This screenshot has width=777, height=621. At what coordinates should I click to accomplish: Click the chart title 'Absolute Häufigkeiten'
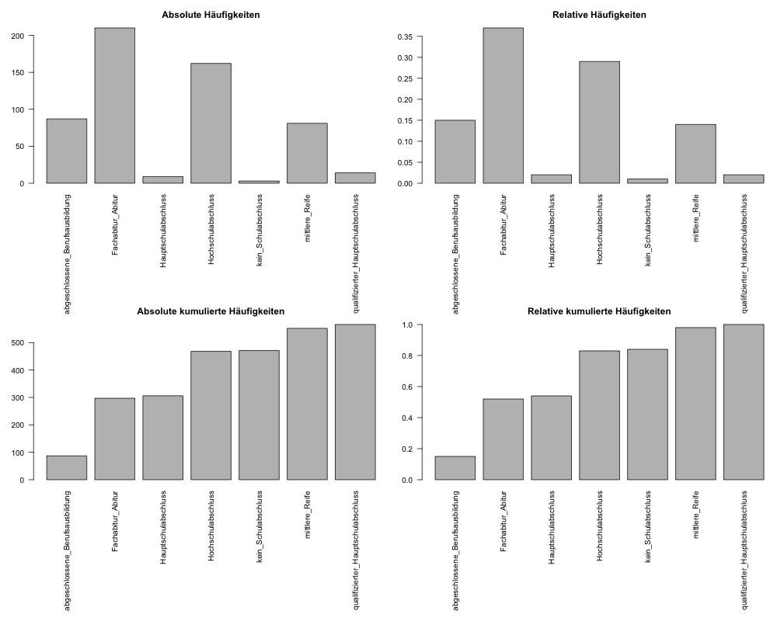211,15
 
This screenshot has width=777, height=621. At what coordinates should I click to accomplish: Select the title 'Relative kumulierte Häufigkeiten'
599,311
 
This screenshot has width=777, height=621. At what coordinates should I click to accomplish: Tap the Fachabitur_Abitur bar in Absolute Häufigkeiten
114,106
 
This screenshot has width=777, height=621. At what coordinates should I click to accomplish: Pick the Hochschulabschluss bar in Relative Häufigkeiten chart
599,122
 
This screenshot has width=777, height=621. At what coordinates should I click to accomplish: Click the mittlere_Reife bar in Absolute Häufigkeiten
307,153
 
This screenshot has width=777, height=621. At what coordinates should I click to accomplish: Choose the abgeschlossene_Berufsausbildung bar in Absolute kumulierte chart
66,467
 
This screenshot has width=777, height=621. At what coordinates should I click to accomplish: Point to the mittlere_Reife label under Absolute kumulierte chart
308,513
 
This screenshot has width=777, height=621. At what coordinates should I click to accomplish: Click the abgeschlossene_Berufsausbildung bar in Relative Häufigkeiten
455,151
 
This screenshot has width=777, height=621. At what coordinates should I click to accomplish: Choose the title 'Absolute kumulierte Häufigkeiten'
211,311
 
